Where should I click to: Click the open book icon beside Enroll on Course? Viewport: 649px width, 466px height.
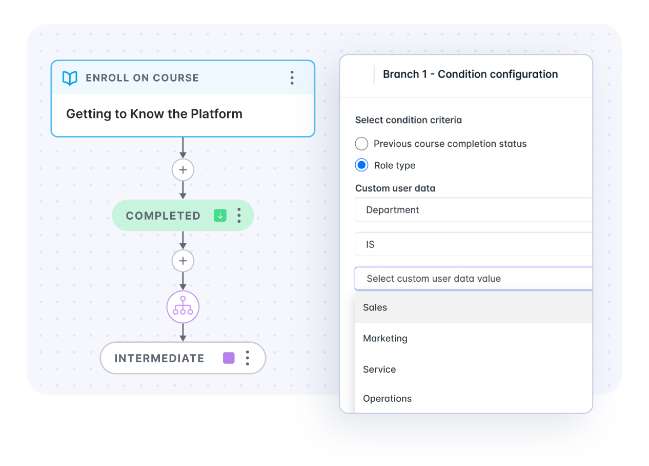tap(70, 78)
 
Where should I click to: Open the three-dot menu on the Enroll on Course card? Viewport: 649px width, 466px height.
tap(292, 77)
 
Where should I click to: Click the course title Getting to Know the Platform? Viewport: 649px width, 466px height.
tap(154, 114)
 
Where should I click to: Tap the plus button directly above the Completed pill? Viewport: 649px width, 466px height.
tap(183, 170)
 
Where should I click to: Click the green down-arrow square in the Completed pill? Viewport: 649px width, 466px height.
tap(220, 216)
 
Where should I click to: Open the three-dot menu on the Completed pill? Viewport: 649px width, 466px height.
tap(239, 216)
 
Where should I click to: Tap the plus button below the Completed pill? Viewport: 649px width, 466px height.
tap(183, 261)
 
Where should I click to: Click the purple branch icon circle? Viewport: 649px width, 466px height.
tap(183, 307)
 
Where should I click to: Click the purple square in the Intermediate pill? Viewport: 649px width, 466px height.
tap(229, 358)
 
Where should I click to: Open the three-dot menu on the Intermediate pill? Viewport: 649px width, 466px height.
tap(248, 358)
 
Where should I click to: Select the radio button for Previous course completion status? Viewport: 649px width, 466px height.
tap(361, 144)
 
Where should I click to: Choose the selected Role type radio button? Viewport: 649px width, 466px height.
tap(361, 165)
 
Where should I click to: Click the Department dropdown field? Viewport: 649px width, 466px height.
tap(474, 210)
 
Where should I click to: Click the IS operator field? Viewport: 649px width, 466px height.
tap(474, 244)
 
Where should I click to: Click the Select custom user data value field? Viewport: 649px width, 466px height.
tap(474, 278)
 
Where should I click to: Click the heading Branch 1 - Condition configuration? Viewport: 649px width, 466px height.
tap(470, 74)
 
